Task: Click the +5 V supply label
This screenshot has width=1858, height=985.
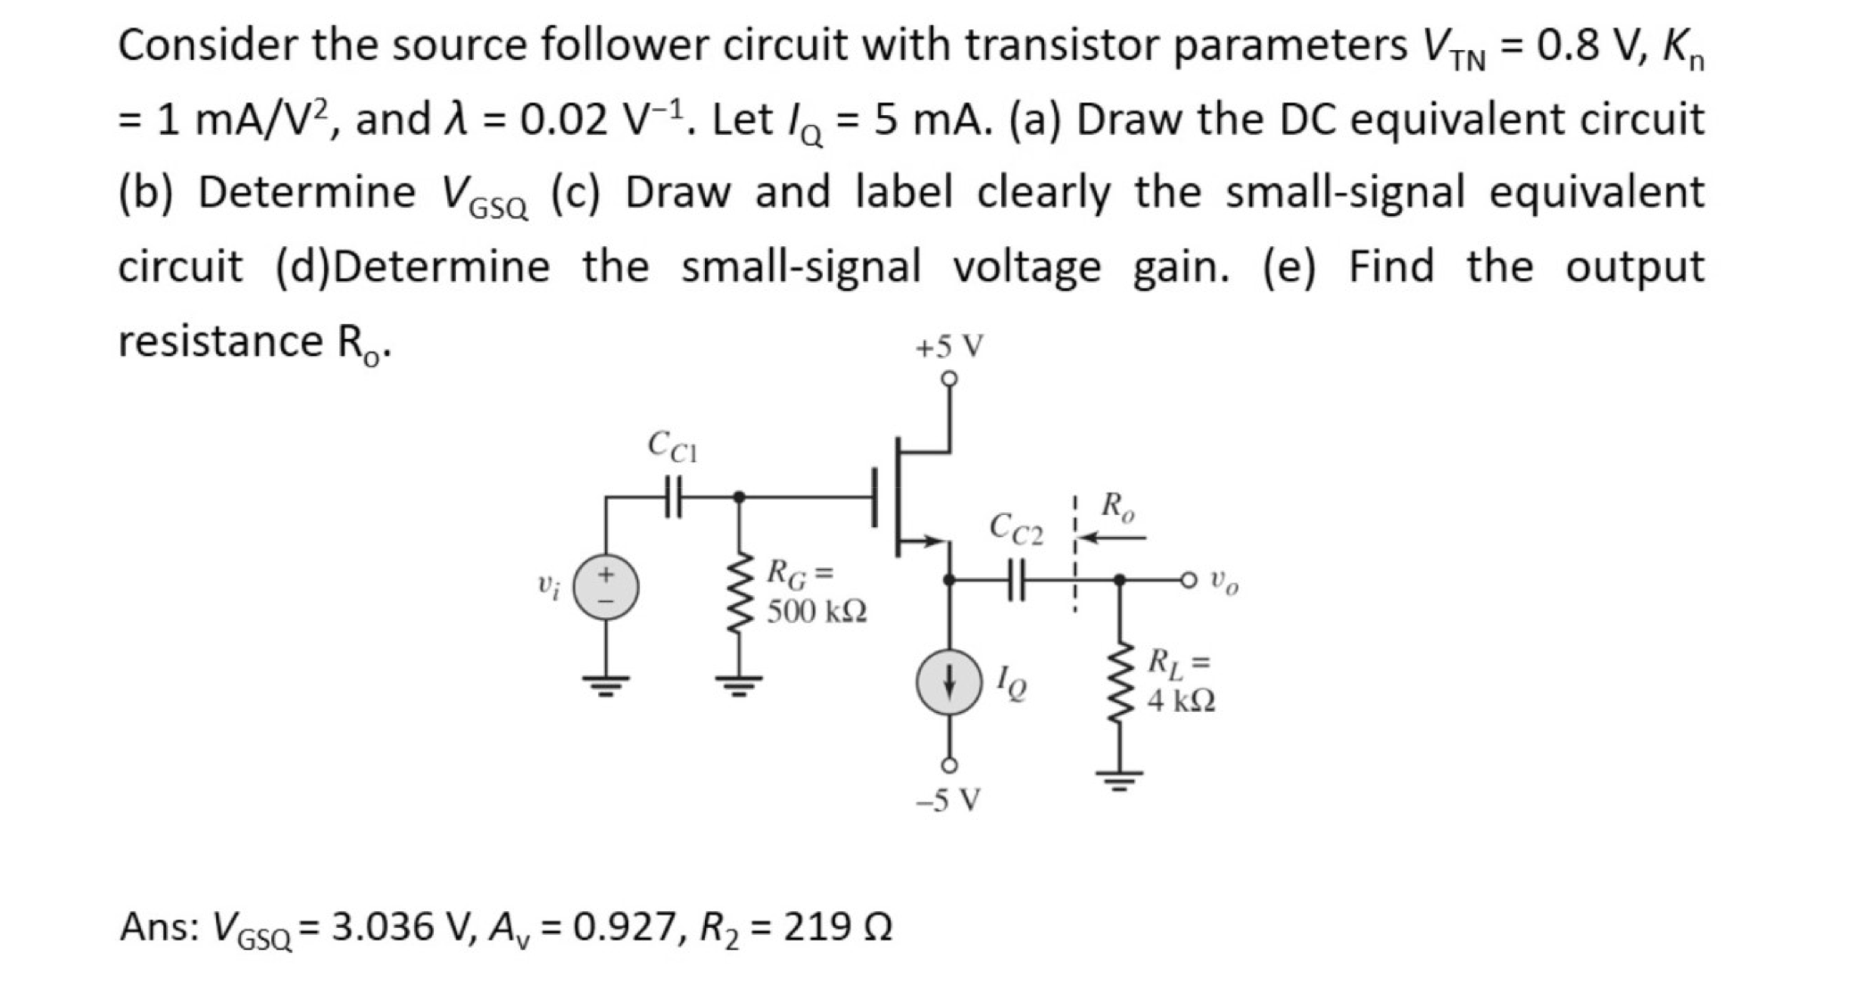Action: click(x=950, y=346)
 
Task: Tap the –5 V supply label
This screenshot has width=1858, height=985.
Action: click(x=949, y=800)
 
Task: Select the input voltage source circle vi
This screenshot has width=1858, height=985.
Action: click(x=606, y=588)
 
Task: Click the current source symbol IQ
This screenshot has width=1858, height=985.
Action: click(x=950, y=683)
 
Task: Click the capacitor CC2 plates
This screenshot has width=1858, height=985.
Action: click(x=1016, y=580)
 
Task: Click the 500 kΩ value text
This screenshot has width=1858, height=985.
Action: click(x=817, y=612)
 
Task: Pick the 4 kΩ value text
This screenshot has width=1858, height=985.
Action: click(x=1182, y=701)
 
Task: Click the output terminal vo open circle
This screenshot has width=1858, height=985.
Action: click(x=1188, y=581)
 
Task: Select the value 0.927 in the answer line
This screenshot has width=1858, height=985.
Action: click(x=626, y=928)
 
